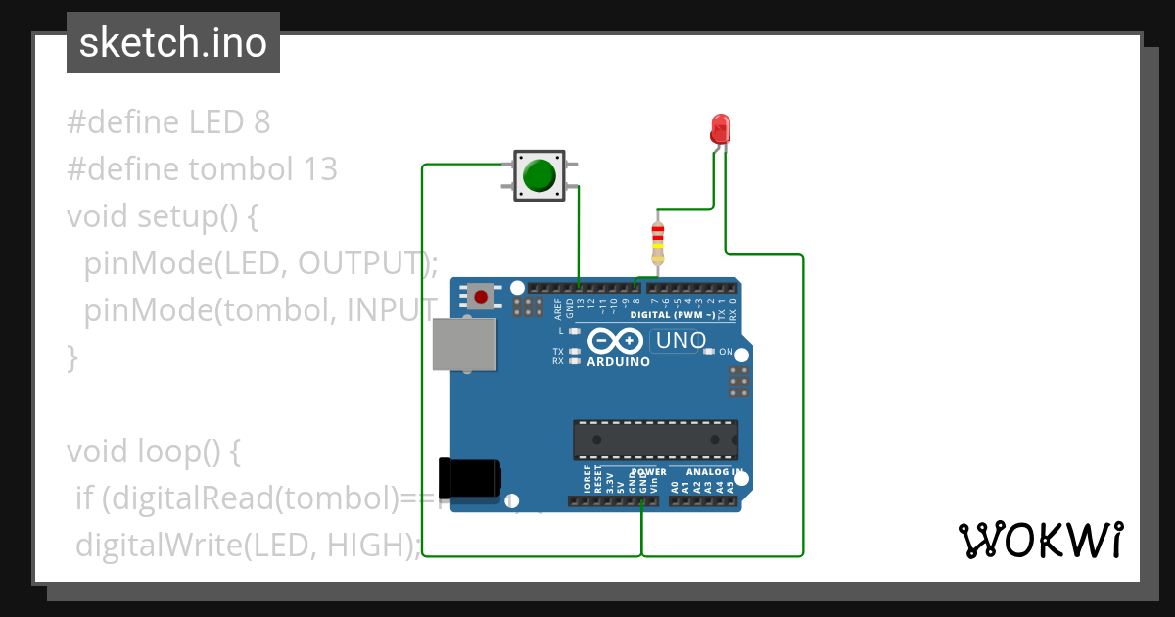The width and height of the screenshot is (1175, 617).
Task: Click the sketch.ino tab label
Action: point(172,43)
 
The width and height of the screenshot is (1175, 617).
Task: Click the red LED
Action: point(721,128)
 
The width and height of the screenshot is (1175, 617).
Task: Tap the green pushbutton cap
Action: point(539,175)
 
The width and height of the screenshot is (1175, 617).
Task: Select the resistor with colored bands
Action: point(657,243)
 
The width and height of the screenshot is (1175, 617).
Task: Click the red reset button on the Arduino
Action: point(480,296)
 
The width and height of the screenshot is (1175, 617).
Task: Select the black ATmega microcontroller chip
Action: point(655,440)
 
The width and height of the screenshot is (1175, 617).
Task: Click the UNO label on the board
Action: point(680,341)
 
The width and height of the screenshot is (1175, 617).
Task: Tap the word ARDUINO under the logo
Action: point(618,362)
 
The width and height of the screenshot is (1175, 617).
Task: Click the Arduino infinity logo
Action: point(615,341)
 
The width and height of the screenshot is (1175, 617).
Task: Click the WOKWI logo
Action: point(1040,540)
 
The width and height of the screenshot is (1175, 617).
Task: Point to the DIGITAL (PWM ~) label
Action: point(679,315)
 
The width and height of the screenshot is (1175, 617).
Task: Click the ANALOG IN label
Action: point(714,472)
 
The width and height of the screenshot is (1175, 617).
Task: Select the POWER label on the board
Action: point(648,472)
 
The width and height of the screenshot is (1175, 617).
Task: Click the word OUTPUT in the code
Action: point(361,262)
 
